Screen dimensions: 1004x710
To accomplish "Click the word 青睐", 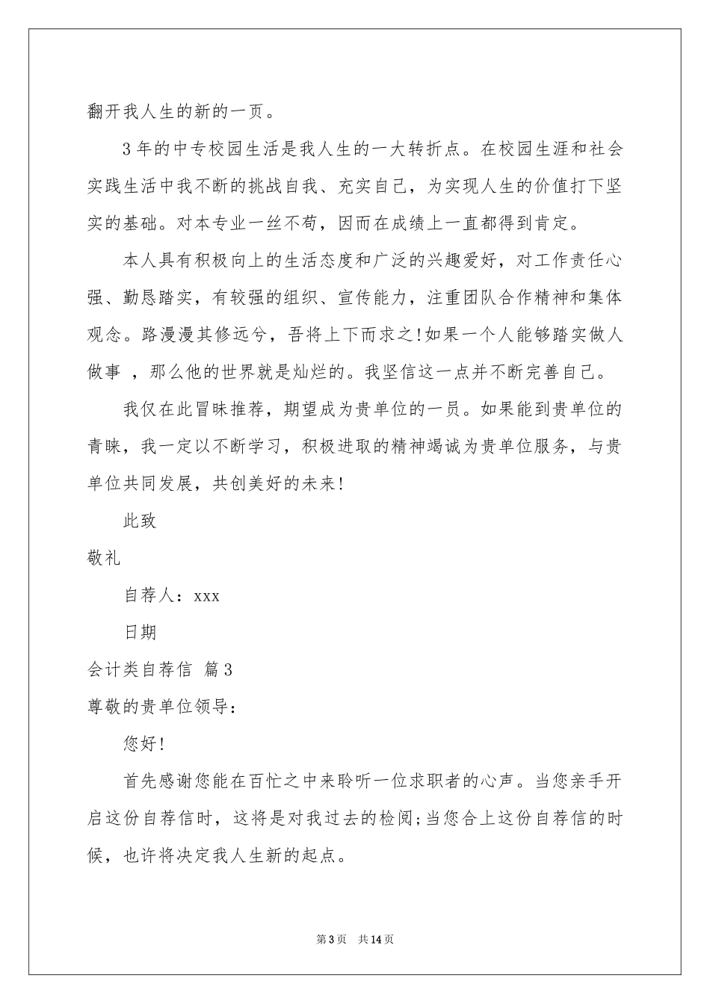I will pyautogui.click(x=105, y=446).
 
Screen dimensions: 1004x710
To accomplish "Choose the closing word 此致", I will pyautogui.click(x=140, y=521).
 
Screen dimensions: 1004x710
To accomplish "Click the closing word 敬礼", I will pyautogui.click(x=105, y=558).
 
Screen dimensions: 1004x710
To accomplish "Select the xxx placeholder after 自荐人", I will pyautogui.click(x=206, y=595).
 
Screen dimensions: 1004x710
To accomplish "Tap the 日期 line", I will pyautogui.click(x=140, y=632).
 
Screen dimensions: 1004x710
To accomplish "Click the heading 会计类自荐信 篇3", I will pyautogui.click(x=160, y=669).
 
